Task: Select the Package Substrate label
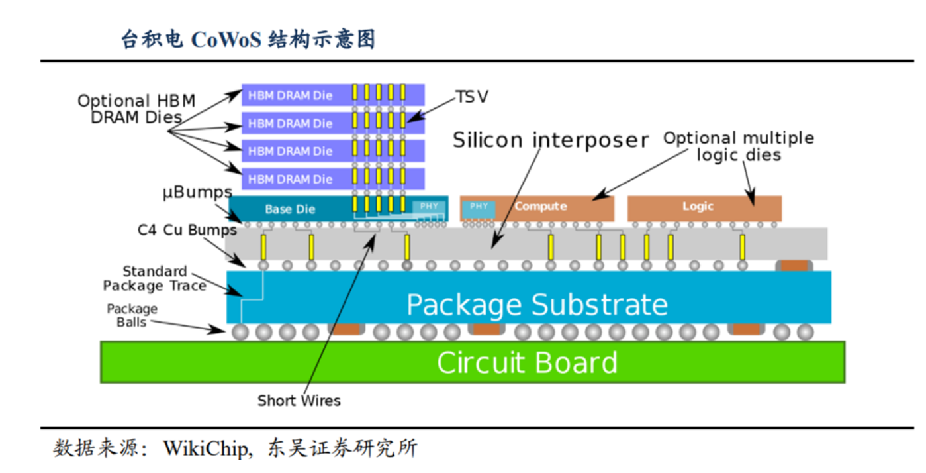[x=536, y=305]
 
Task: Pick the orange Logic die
[x=704, y=207]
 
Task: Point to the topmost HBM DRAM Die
[x=291, y=95]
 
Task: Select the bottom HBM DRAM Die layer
[x=291, y=179]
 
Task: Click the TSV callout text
[x=472, y=97]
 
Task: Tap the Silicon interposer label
[x=550, y=140]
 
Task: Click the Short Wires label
[x=299, y=401]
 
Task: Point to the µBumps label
[x=197, y=193]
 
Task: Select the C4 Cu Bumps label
[x=187, y=230]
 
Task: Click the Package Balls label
[x=132, y=315]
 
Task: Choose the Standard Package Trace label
[x=155, y=279]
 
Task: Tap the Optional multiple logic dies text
[x=739, y=146]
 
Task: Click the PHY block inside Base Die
[x=429, y=207]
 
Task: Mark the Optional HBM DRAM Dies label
[x=136, y=109]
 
